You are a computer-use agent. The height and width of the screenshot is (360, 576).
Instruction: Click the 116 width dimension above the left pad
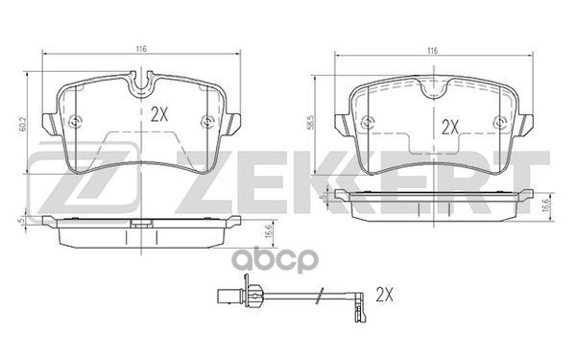(140, 49)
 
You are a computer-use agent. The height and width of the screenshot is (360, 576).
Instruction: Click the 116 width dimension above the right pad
(433, 49)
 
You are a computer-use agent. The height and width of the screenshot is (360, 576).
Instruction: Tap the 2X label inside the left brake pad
(160, 113)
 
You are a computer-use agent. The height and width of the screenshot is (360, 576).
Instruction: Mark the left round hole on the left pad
(77, 121)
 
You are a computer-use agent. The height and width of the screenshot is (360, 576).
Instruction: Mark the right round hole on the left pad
(208, 121)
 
